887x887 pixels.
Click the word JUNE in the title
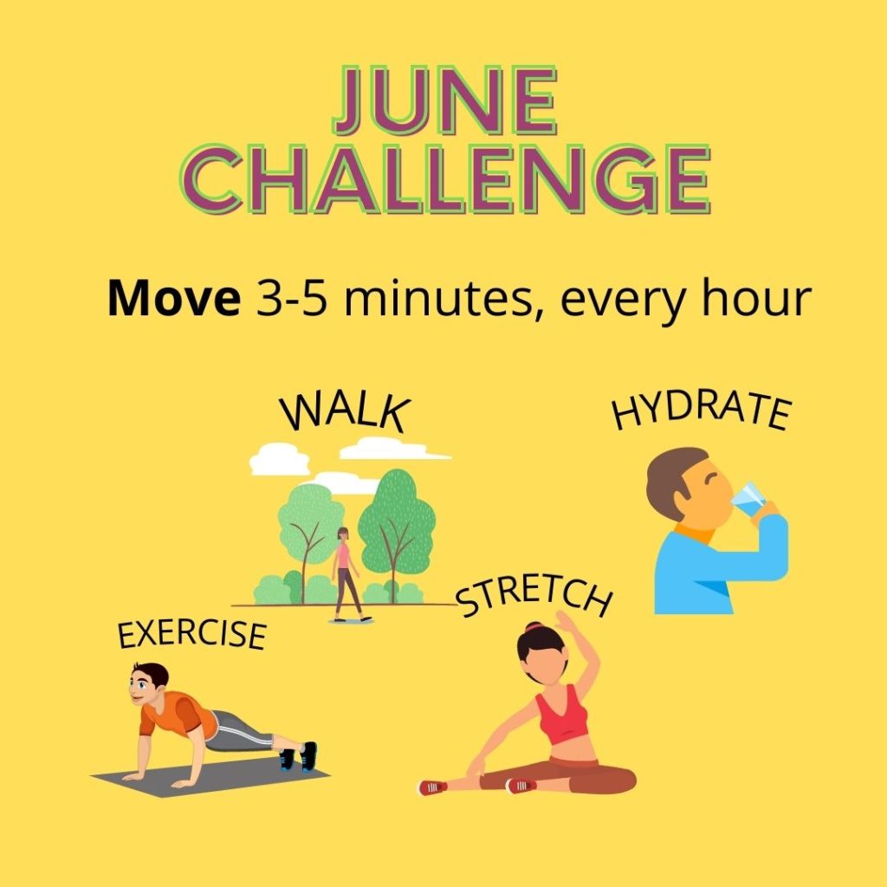pyautogui.click(x=445, y=100)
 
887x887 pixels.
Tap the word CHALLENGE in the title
pyautogui.click(x=445, y=178)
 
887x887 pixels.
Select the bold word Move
pyautogui.click(x=173, y=298)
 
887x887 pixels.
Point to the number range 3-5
pyautogui.click(x=291, y=298)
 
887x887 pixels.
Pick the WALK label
pyautogui.click(x=345, y=412)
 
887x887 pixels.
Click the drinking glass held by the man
pyautogui.click(x=748, y=500)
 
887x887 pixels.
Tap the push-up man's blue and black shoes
pyautogui.click(x=298, y=757)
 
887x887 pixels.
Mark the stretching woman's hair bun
pyautogui.click(x=534, y=627)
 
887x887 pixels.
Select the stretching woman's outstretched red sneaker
pyautogui.click(x=433, y=787)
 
